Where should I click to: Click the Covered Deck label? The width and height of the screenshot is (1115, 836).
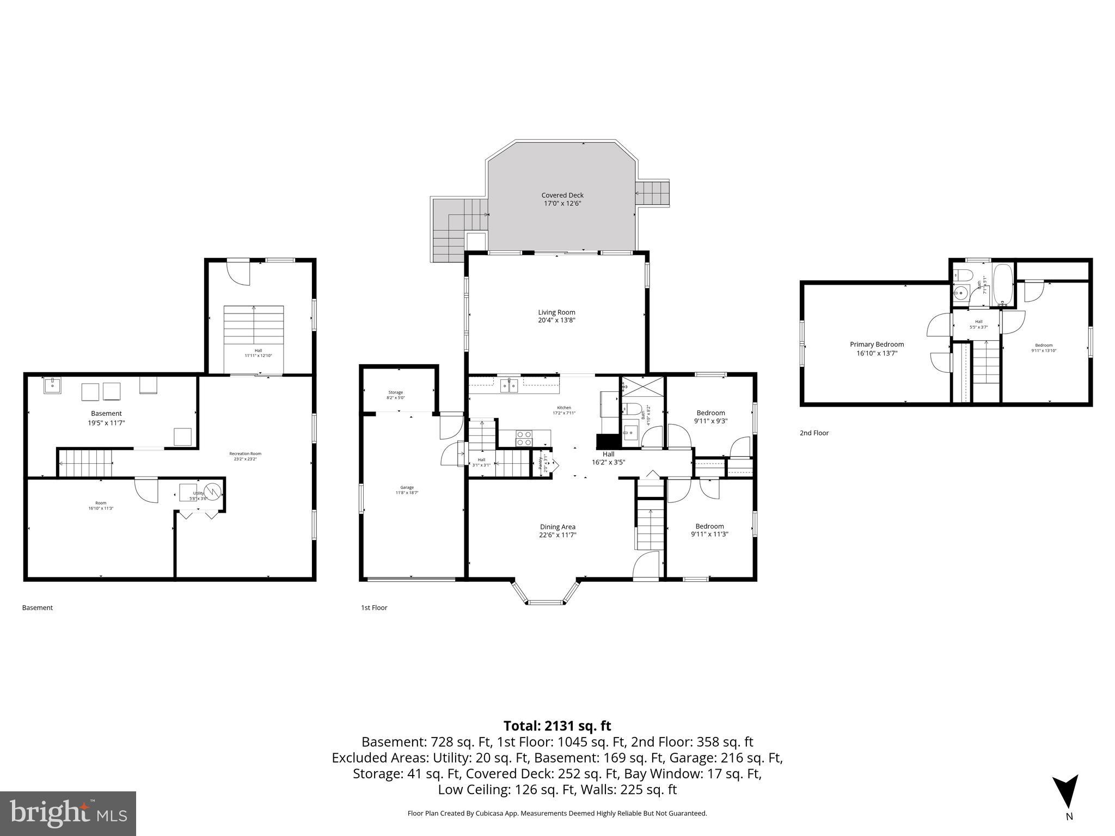pos(562,195)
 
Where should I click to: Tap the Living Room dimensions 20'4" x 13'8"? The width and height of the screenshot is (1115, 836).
pos(556,321)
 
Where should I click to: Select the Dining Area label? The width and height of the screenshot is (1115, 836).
pos(557,527)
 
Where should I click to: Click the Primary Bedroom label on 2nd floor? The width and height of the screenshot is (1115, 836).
pos(877,345)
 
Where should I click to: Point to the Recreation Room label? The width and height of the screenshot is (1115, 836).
pos(245,453)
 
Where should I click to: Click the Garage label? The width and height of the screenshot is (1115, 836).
pos(407,487)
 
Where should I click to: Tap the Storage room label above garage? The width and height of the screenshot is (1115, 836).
pos(396,392)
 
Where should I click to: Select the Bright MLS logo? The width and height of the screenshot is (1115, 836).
pos(68,813)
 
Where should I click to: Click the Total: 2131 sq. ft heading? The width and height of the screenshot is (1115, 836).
pos(557,726)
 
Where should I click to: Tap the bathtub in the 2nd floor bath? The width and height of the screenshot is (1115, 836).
pos(1003,285)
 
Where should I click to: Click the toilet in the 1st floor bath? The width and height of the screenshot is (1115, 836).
pos(631,409)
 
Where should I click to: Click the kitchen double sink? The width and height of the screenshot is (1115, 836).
pos(509,386)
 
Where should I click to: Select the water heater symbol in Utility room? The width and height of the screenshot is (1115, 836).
pos(213,492)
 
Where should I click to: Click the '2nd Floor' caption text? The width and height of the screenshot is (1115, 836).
pos(814,433)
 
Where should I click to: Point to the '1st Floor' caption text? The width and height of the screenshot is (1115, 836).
pos(374,607)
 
